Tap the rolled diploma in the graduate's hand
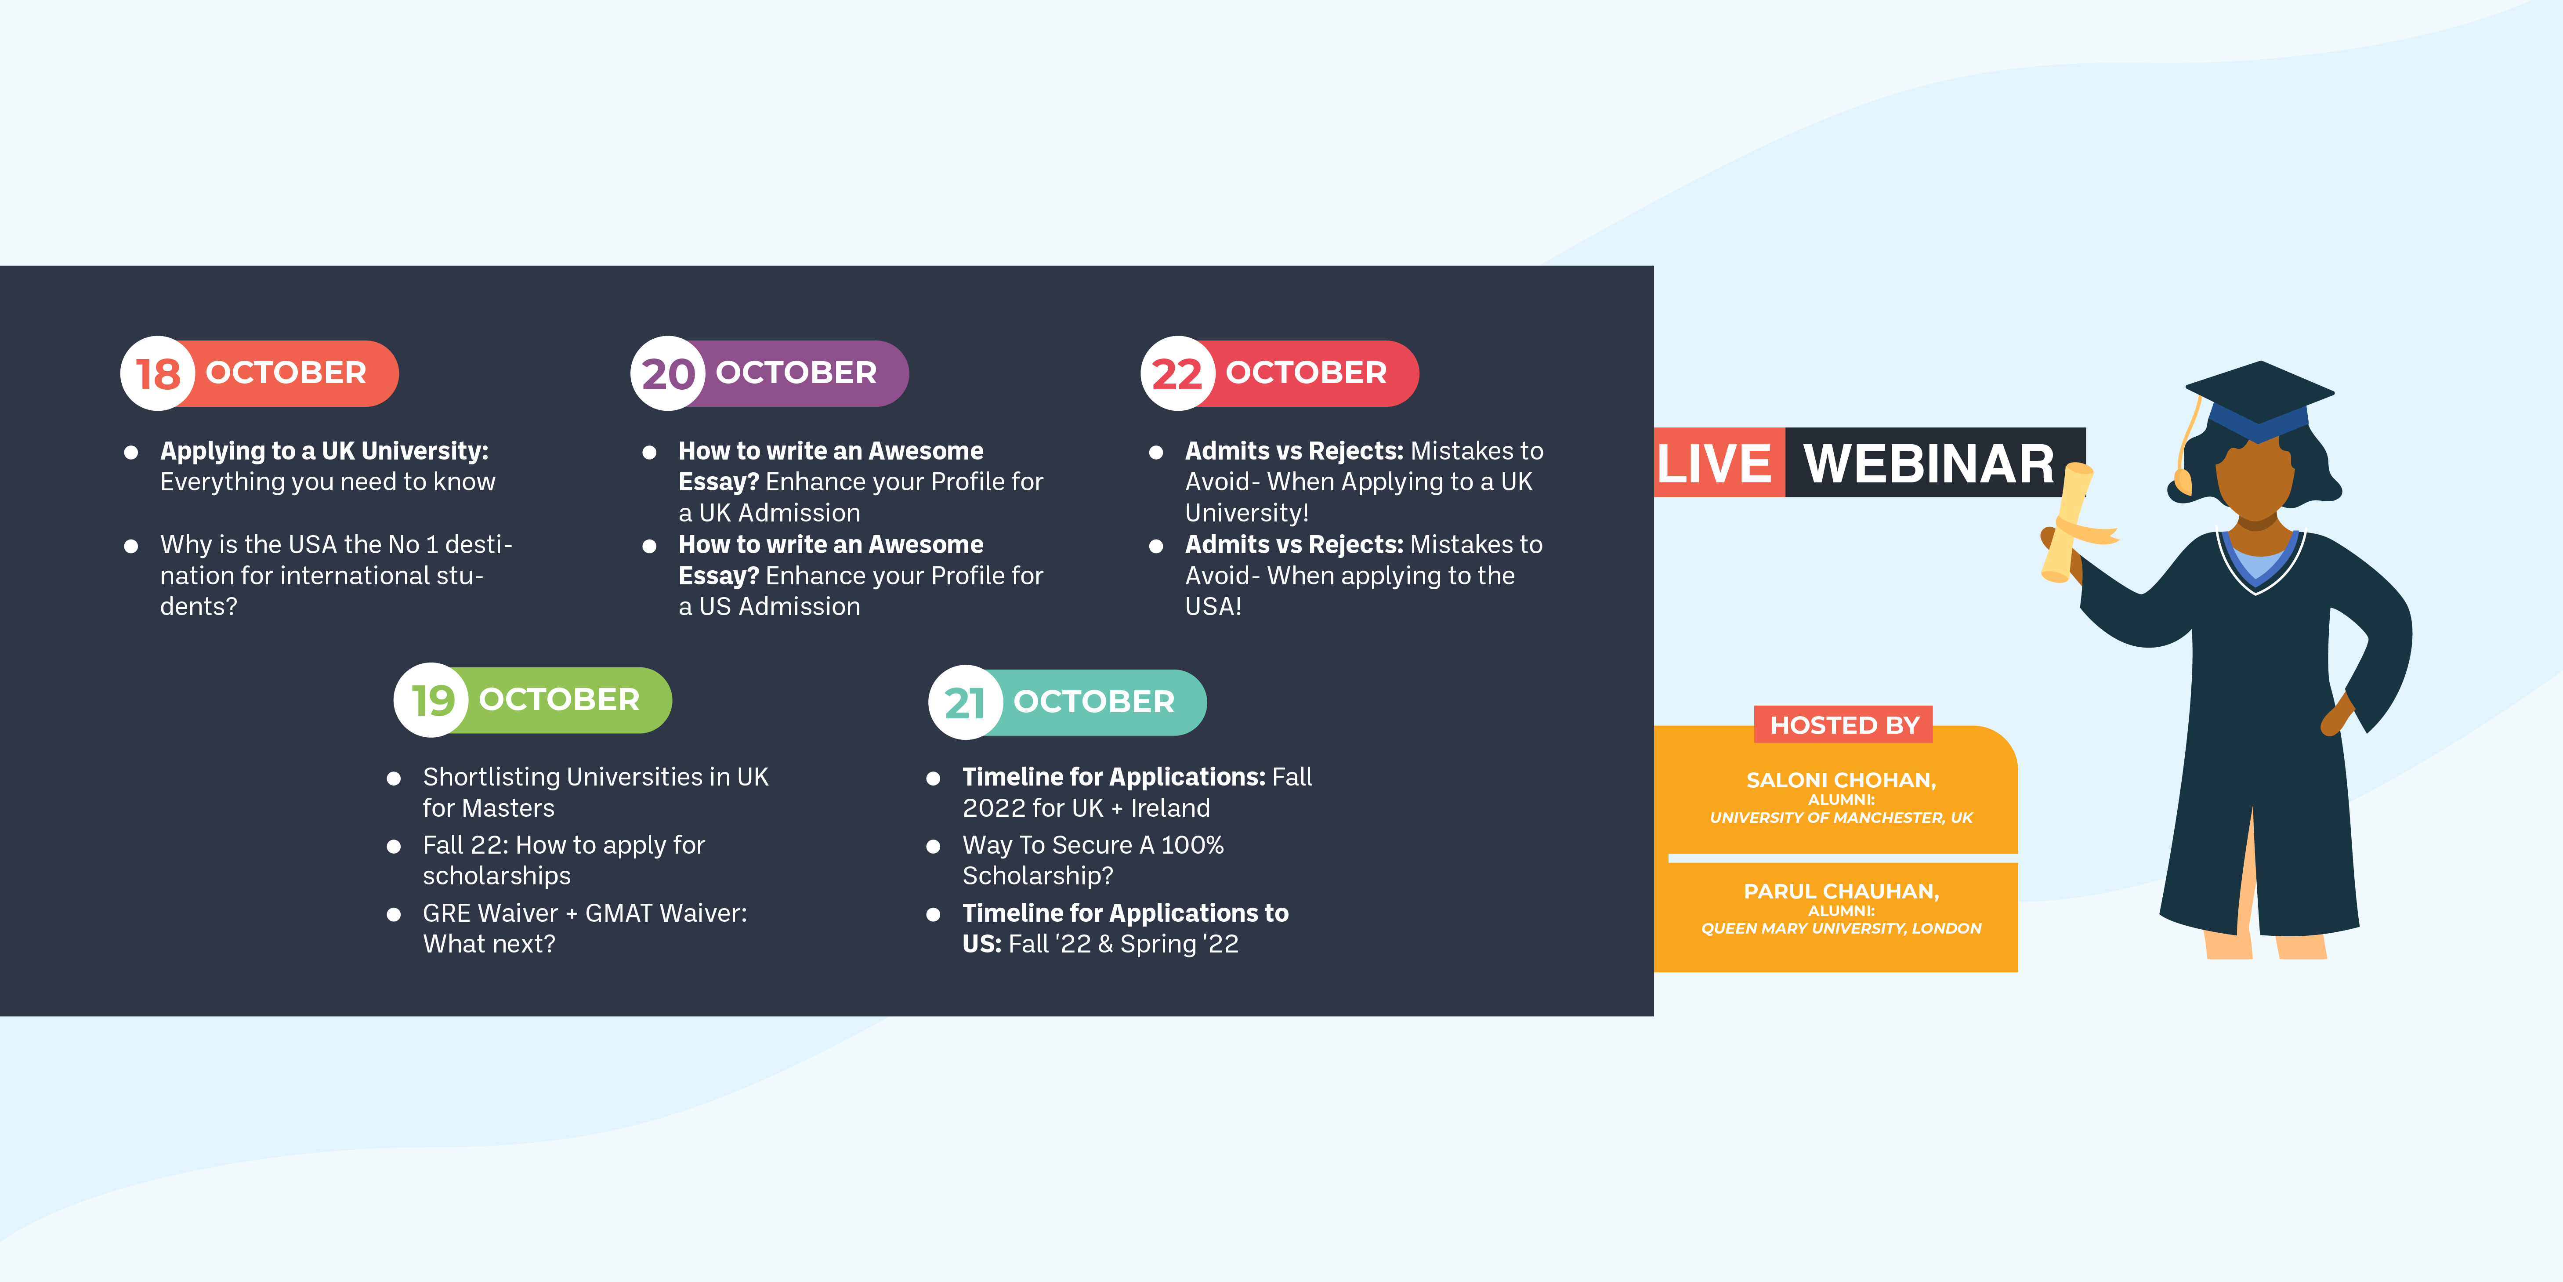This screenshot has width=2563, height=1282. click(2067, 522)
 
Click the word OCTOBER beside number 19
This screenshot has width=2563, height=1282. click(559, 700)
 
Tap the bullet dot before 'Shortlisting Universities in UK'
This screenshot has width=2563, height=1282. click(394, 779)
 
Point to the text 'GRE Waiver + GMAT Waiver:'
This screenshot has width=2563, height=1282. click(585, 913)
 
